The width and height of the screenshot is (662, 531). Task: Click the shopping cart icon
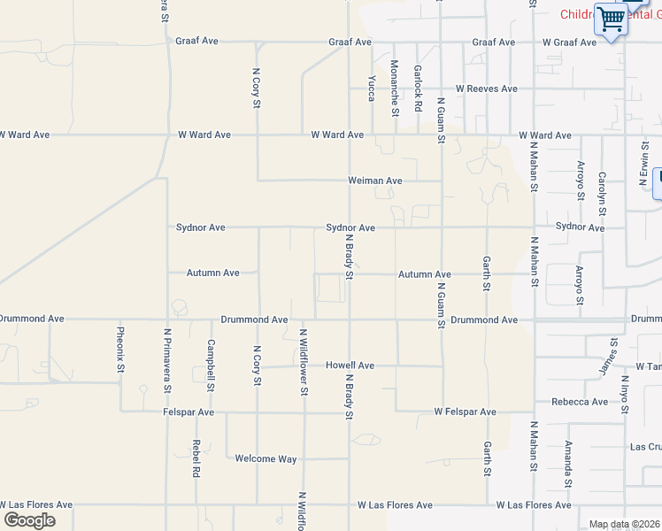tap(611, 19)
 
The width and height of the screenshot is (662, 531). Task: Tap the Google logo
tap(29, 520)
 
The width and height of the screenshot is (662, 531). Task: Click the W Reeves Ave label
tap(486, 88)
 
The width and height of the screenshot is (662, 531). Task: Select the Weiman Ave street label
tap(375, 181)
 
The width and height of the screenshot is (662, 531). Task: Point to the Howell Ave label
tap(350, 365)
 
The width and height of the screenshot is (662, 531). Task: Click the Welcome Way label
tap(266, 458)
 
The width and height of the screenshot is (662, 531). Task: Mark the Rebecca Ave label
tap(579, 402)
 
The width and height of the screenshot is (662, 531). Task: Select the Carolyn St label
tap(602, 194)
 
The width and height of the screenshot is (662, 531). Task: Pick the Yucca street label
tap(372, 88)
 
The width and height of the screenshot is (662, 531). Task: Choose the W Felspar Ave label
tap(465, 412)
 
